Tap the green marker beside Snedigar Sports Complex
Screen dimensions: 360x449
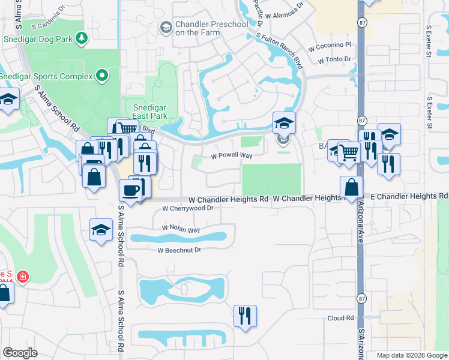point(102,76)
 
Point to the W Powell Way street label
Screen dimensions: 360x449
point(232,155)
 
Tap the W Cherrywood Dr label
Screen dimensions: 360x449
point(188,209)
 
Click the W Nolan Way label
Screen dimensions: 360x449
point(181,229)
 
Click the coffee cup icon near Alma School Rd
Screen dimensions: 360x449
point(130,191)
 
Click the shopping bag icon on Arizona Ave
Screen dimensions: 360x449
point(351,187)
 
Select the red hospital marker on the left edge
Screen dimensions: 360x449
point(23,277)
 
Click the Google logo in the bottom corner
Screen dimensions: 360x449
point(20,353)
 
